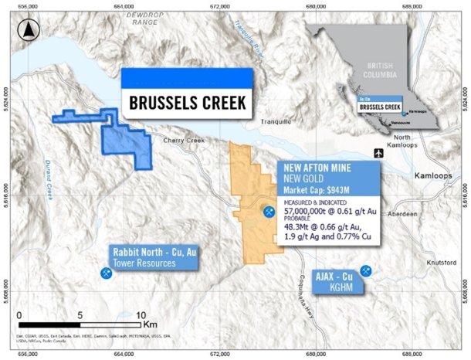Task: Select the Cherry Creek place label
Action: coord(182,141)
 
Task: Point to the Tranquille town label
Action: coord(273,121)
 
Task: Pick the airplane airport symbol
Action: coord(376,151)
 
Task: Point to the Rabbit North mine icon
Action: coord(104,273)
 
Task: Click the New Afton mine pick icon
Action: coord(268,211)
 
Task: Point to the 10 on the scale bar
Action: coord(140,315)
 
